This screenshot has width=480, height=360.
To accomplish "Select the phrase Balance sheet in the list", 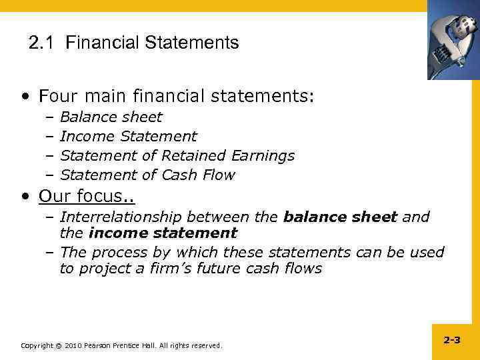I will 111,117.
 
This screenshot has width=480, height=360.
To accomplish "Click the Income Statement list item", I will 128,137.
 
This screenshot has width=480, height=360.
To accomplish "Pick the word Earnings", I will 263,156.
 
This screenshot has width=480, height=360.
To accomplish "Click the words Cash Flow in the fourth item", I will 198,175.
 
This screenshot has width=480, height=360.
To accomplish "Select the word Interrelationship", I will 121,217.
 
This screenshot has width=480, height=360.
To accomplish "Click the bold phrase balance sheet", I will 340,217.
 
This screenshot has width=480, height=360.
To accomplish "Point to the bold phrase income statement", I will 162,233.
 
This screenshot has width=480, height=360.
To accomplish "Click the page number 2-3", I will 451,340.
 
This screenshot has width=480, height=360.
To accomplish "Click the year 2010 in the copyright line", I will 75,345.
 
